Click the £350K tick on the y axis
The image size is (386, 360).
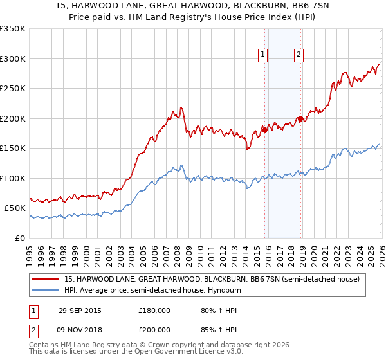click(x=13, y=29)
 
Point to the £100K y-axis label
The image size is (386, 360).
click(x=13, y=178)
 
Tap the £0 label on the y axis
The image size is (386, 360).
click(x=19, y=238)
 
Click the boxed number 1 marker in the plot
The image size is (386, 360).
click(x=264, y=55)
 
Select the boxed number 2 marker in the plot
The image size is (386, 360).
click(x=299, y=55)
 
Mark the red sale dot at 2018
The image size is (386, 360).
click(x=300, y=118)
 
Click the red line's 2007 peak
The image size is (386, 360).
click(x=181, y=107)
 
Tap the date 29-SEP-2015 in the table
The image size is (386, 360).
click(x=79, y=310)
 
